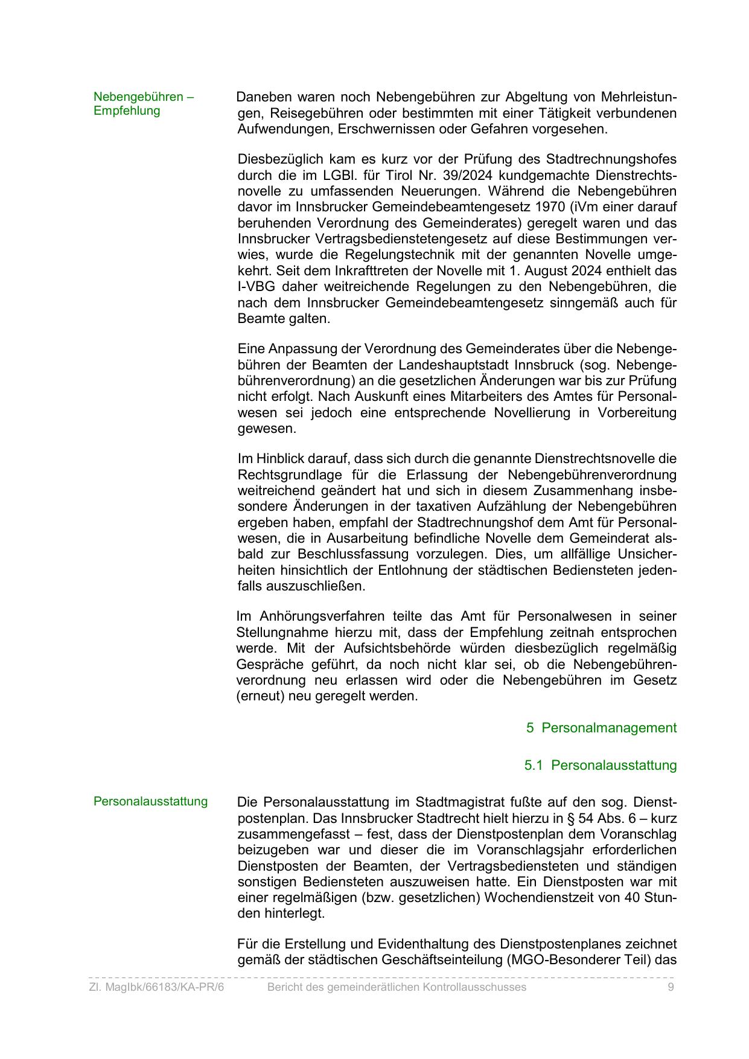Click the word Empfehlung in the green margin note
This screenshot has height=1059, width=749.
click(x=127, y=111)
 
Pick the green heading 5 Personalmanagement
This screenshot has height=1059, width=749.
click(x=601, y=728)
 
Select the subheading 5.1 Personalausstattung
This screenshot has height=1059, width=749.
click(x=601, y=766)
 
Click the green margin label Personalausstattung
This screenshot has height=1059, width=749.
click(x=150, y=802)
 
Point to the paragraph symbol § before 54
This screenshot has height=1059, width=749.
click(x=570, y=819)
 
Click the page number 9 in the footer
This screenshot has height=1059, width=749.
click(x=671, y=987)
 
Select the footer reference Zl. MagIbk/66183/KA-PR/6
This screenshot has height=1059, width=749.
click(x=156, y=987)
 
